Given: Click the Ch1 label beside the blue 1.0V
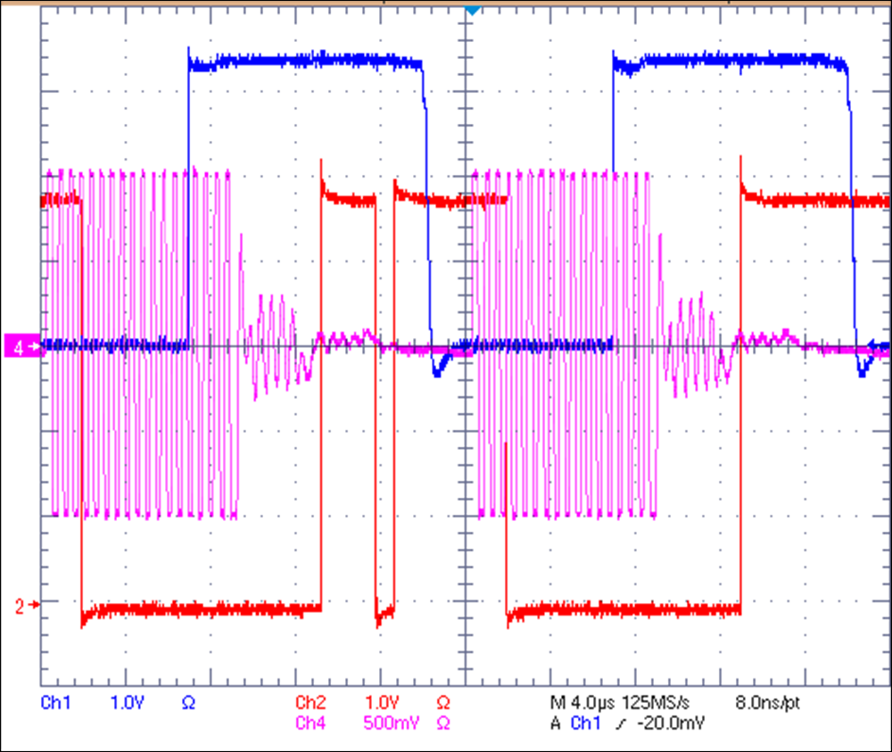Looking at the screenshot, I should tap(55, 704).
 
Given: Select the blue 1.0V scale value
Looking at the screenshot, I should tap(127, 704).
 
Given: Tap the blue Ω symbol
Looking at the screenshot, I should tap(188, 704).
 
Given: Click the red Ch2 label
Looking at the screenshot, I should tap(310, 702).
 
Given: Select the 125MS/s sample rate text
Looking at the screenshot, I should tap(661, 704).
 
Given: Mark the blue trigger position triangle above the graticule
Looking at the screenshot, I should tap(472, 10).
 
